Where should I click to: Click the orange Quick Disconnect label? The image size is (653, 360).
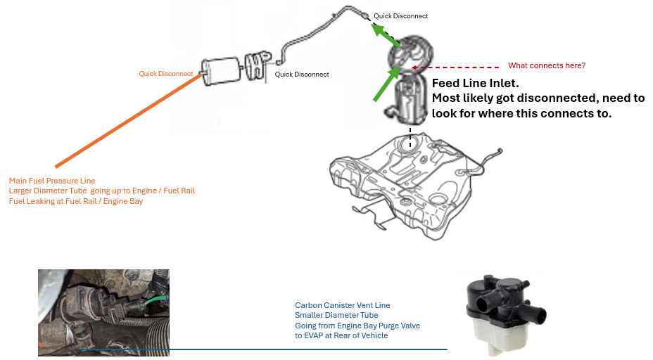[x=165, y=73]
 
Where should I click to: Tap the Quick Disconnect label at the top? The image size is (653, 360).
[x=400, y=15]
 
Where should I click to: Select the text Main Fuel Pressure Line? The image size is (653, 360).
[x=52, y=181]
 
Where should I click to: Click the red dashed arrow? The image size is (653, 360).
[x=457, y=67]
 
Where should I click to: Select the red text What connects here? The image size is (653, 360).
[x=547, y=65]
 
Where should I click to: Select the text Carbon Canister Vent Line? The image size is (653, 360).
[x=342, y=305]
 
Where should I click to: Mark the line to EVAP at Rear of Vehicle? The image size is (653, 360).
[x=341, y=335]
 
